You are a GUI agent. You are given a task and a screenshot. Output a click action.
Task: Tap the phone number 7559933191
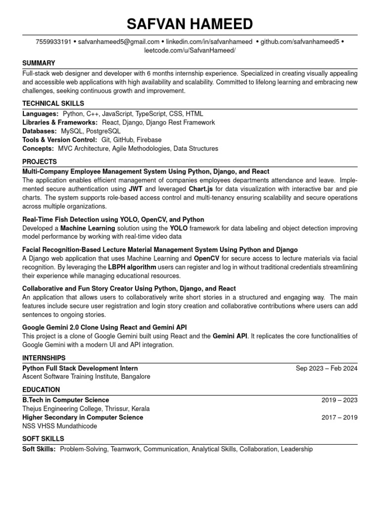pyautogui.click(x=53, y=42)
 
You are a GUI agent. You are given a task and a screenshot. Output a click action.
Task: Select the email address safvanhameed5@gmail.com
pyautogui.click(x=119, y=42)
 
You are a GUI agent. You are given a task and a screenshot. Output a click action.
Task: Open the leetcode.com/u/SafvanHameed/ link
pyautogui.click(x=190, y=50)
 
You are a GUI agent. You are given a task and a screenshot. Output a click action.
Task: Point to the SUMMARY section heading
pyautogui.click(x=39, y=63)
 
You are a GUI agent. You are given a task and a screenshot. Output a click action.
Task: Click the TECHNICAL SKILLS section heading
pyautogui.click(x=53, y=103)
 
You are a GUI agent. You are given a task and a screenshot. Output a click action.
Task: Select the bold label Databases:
pyautogui.click(x=40, y=131)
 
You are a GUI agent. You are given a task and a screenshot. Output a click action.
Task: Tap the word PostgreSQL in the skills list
pyautogui.click(x=103, y=131)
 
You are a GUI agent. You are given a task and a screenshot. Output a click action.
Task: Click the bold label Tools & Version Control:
pyautogui.click(x=60, y=140)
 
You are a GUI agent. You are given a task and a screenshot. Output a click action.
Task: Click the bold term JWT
pyautogui.click(x=136, y=189)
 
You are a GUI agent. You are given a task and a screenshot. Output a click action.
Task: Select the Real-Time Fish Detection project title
pyautogui.click(x=113, y=219)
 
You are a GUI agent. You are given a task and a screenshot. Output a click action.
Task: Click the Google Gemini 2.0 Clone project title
pyautogui.click(x=104, y=327)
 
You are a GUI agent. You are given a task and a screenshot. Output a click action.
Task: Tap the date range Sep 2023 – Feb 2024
pyautogui.click(x=327, y=368)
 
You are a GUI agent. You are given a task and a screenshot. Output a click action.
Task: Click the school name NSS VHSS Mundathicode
pyautogui.click(x=60, y=426)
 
